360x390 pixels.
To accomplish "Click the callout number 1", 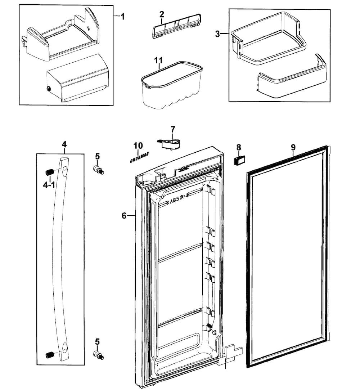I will click(x=123, y=17).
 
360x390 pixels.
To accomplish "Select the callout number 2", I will click(x=162, y=14).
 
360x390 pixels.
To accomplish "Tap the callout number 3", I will click(x=217, y=34).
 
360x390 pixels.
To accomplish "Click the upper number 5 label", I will click(x=97, y=156).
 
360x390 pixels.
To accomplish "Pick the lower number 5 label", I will click(x=97, y=341).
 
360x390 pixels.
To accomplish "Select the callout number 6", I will click(x=124, y=216).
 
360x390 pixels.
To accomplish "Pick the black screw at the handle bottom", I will click(x=49, y=355).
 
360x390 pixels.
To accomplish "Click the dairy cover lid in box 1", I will click(x=77, y=78).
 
